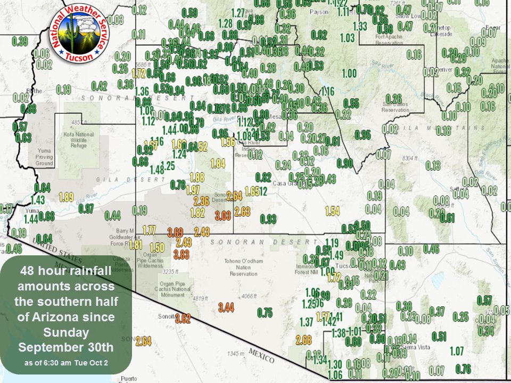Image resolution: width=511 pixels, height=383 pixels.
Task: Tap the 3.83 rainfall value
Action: pyautogui.click(x=181, y=254)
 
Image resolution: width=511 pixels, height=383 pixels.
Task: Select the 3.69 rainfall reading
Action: pyautogui.click(x=175, y=232)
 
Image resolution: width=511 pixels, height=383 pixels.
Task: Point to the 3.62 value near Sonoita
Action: pyautogui.click(x=183, y=319)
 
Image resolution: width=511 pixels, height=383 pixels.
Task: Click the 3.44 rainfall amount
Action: pyautogui.click(x=226, y=307)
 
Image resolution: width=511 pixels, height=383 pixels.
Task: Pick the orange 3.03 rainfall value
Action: pyautogui.click(x=222, y=215)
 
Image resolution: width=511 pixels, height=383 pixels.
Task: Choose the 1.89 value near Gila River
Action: pyautogui.click(x=66, y=197)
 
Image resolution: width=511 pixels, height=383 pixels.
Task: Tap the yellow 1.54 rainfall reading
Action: pyautogui.click(x=332, y=212)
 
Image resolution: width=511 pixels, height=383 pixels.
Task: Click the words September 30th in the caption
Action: pyautogui.click(x=67, y=348)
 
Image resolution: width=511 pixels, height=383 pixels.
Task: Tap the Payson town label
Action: pyautogui.click(x=319, y=11)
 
